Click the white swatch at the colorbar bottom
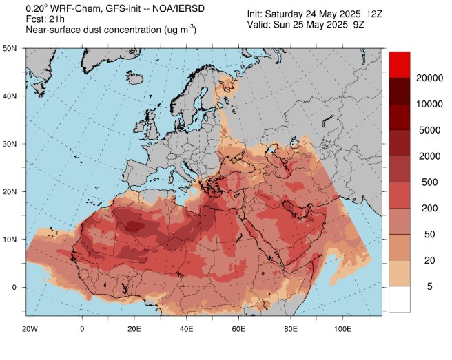click(401, 299)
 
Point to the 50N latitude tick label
click(10, 49)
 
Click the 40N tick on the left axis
click(10, 96)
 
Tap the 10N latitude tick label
click(10, 240)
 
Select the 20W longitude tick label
click(30, 329)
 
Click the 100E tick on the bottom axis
click(344, 329)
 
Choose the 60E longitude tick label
click(239, 329)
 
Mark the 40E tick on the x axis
click(187, 329)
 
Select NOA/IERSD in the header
click(172, 9)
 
